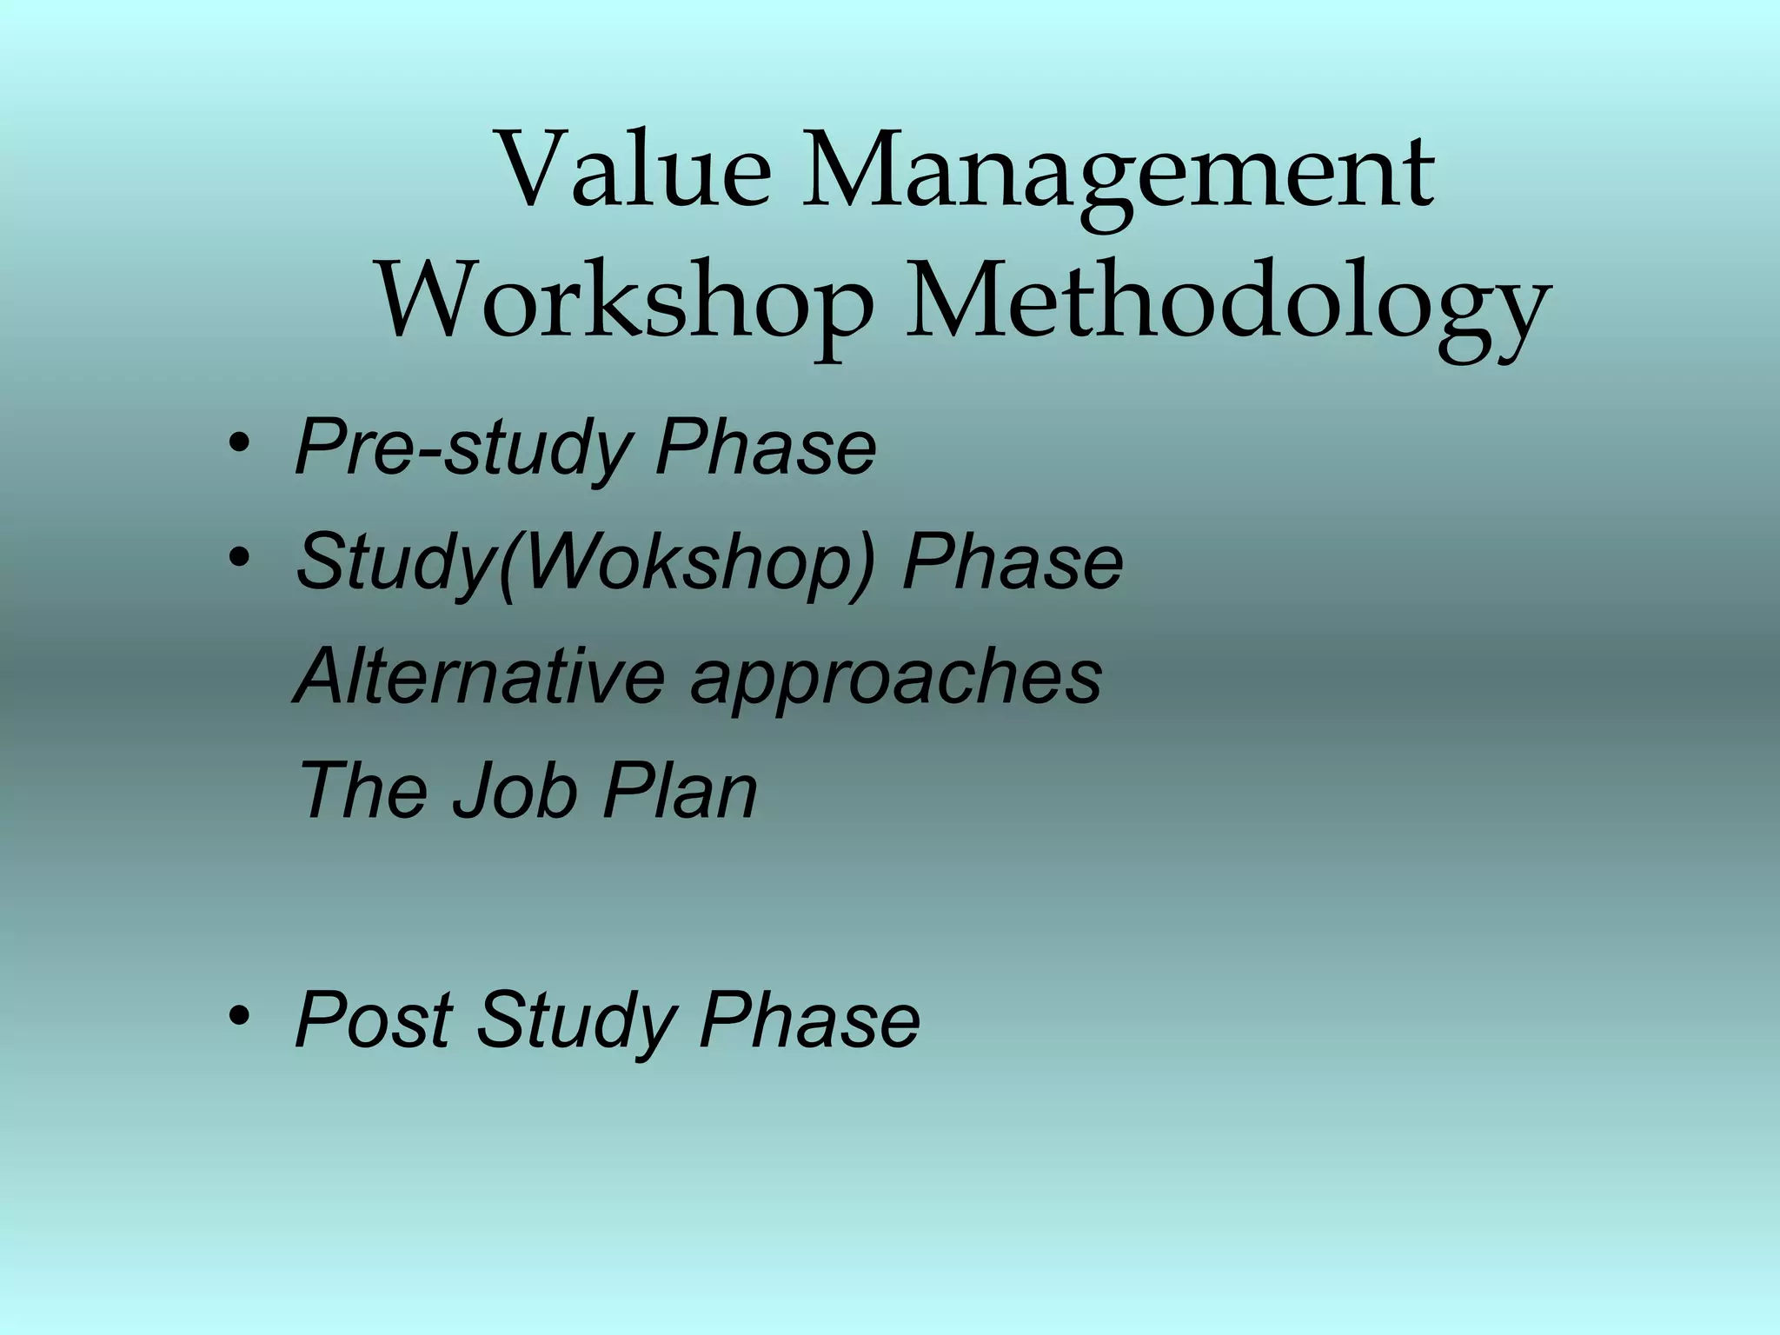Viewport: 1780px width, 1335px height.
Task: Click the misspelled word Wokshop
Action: (687, 563)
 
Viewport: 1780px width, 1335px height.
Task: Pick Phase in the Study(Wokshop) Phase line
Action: (1013, 562)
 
